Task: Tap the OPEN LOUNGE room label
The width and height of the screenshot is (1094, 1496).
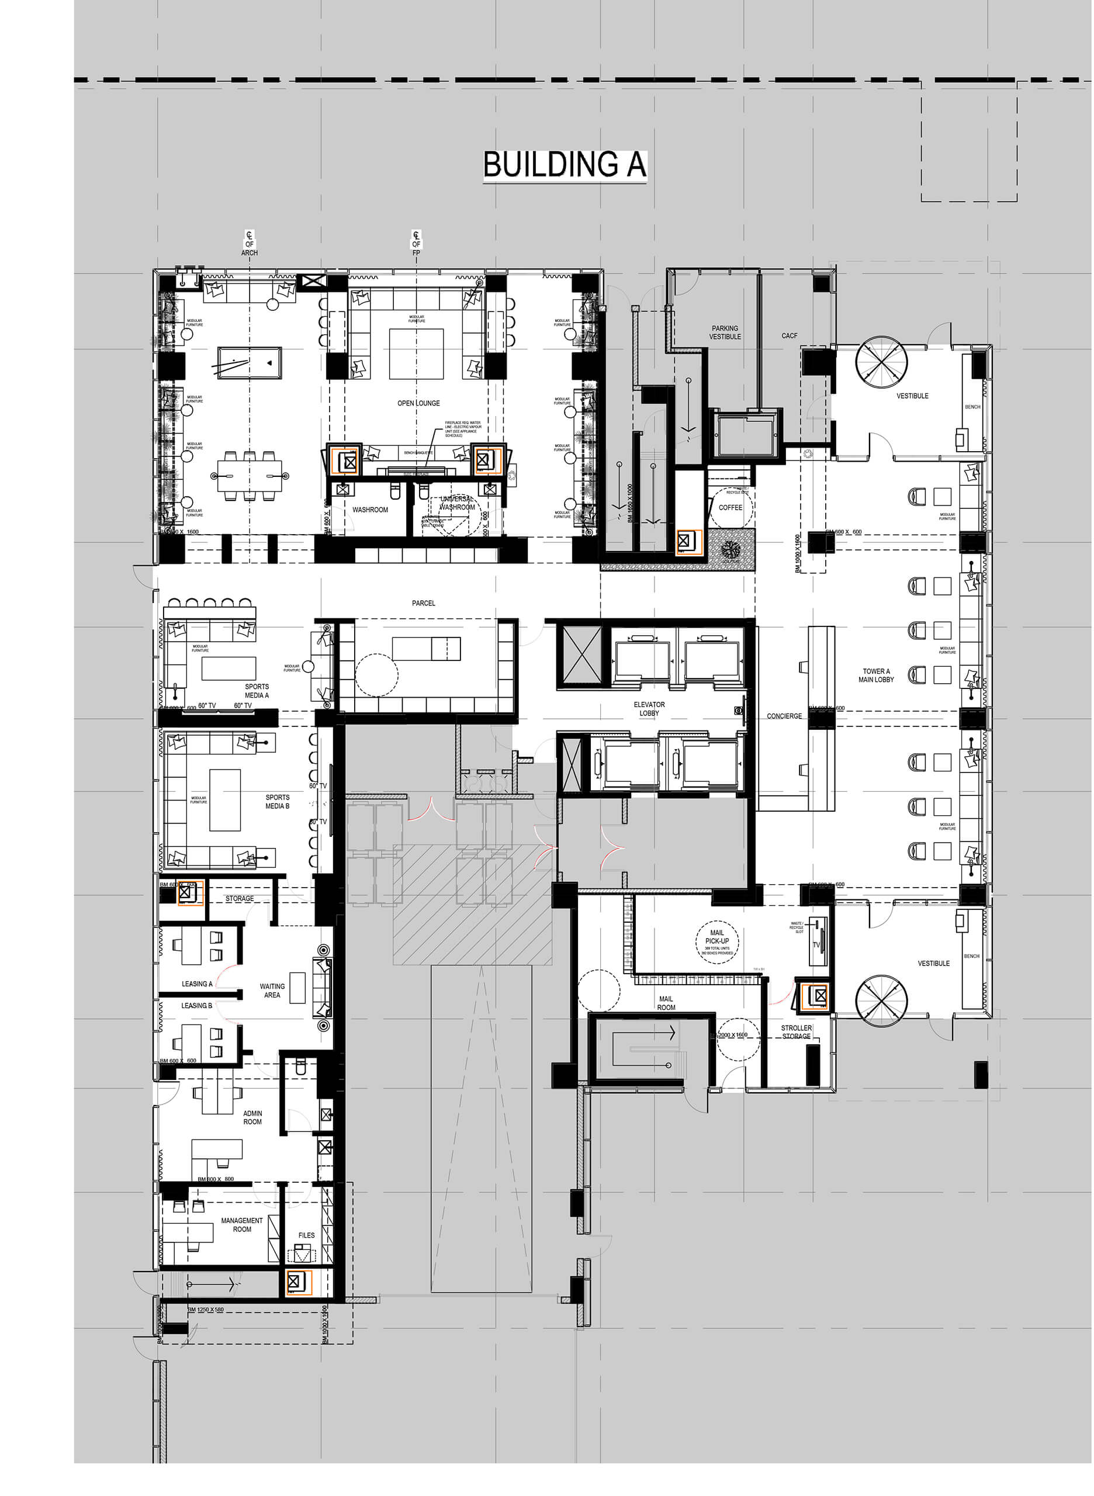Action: pos(418,403)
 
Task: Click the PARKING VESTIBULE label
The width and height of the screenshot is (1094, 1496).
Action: pos(725,333)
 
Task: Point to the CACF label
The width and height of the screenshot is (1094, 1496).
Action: pos(790,336)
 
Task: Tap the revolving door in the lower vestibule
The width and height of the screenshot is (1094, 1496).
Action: pos(881,1000)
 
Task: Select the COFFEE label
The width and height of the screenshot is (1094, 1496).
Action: pos(731,507)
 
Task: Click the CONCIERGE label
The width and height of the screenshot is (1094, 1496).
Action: pos(784,716)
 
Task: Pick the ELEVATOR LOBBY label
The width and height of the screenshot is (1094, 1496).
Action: pos(649,709)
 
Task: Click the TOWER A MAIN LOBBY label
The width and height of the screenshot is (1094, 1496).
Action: pos(876,675)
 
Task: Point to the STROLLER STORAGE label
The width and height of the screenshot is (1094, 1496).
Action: pos(796,1032)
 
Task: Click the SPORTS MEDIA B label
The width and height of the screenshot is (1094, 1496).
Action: pos(278,801)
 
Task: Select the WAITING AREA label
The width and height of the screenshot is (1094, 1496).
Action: pos(272,990)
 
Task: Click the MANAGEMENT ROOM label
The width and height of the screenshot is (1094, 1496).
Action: pos(242,1224)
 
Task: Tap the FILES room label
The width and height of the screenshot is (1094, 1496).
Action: pos(307,1235)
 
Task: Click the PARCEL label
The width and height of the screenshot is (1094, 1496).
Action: pos(423,602)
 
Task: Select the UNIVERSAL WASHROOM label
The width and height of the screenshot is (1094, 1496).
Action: pos(457,503)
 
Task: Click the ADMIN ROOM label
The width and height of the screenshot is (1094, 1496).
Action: pos(252,1117)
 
